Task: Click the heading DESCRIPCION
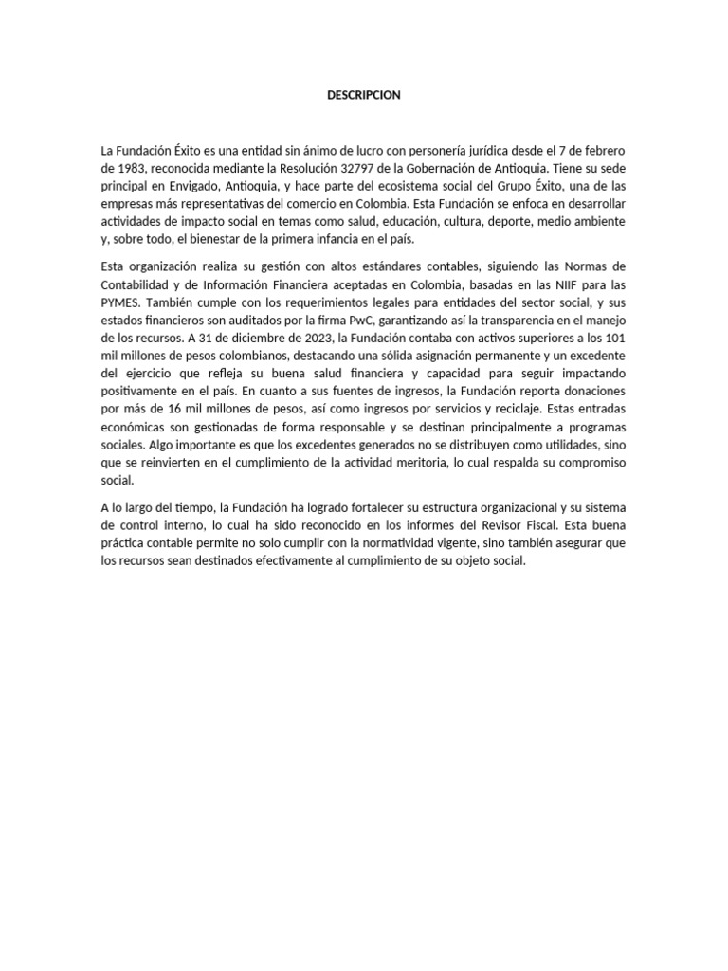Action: tap(364, 95)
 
